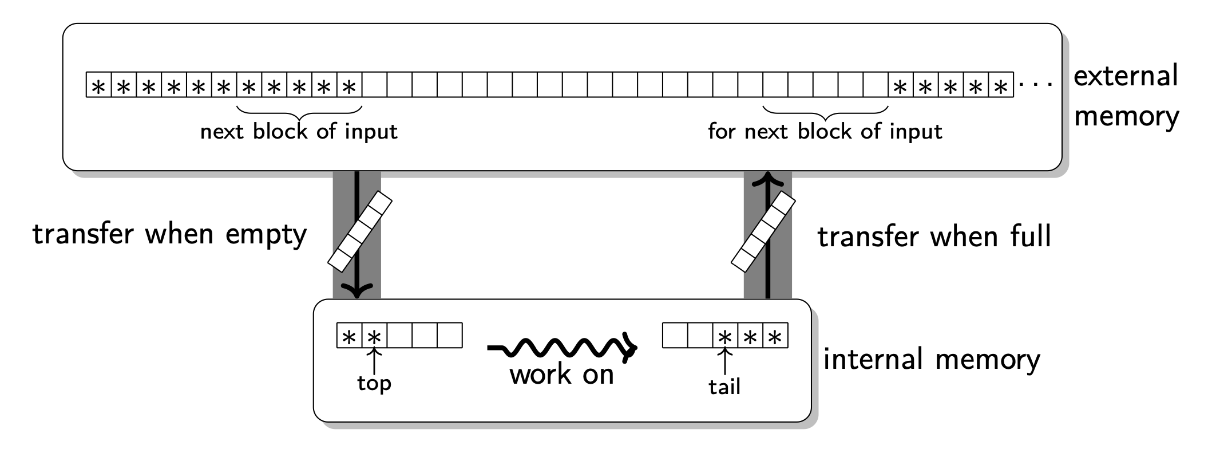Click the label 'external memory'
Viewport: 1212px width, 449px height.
1126,96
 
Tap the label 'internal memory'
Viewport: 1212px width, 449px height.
931,360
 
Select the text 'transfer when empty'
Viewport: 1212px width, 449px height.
169,234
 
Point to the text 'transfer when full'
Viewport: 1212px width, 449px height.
934,237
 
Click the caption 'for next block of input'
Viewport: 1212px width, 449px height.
825,132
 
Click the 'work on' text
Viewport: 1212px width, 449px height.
561,375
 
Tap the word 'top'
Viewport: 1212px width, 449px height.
374,383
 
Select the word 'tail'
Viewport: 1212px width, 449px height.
724,387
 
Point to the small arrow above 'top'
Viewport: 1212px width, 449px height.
374,361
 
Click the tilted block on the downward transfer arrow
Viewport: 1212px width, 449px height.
360,231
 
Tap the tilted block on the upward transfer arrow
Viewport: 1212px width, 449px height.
763,231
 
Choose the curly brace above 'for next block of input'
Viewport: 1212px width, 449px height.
825,110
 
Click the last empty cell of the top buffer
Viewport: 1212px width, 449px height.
449,336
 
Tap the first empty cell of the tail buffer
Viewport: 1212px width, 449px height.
675,336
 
